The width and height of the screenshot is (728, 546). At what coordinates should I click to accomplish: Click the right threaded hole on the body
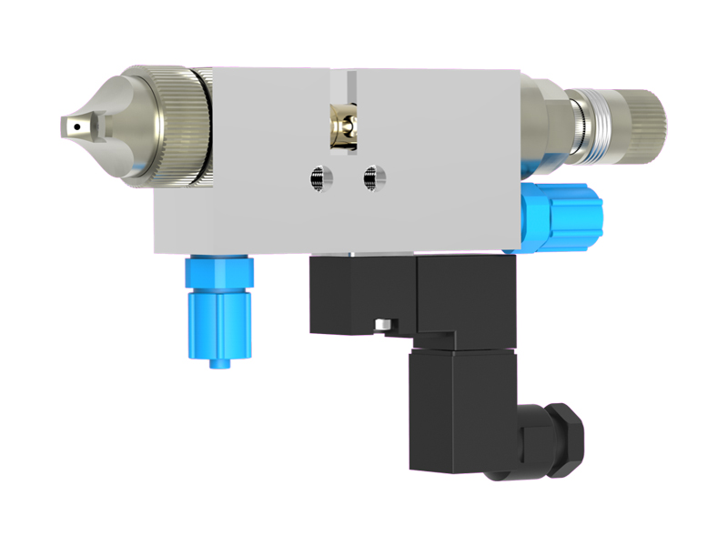(x=369, y=178)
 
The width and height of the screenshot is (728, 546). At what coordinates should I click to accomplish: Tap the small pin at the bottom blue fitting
(x=219, y=362)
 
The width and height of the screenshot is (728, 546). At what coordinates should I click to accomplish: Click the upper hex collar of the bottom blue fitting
(x=218, y=271)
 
